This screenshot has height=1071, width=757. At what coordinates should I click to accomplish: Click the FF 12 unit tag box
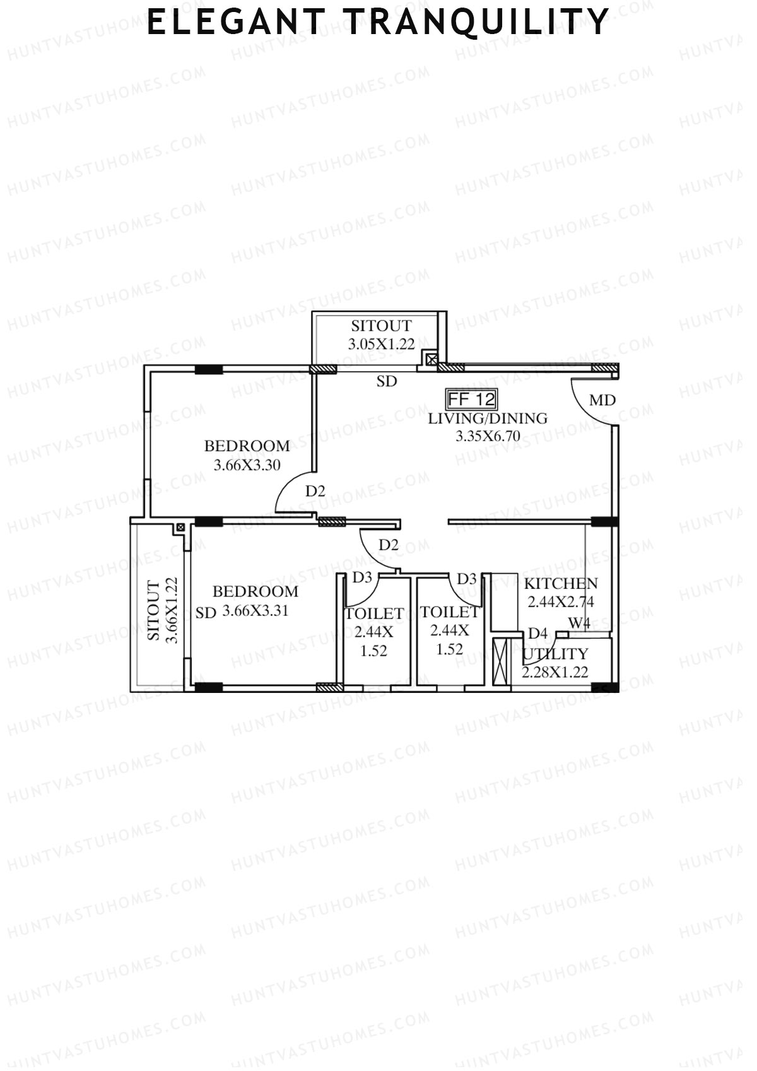pos(471,399)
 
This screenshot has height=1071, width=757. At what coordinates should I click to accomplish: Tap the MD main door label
pos(602,400)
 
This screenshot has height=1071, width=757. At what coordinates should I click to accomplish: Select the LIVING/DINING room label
pos(488,418)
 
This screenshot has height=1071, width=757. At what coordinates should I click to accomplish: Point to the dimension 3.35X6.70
pos(488,435)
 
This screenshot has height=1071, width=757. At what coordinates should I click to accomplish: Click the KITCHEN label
pos(561,584)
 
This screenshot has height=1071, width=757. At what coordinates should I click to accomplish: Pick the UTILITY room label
pos(555,654)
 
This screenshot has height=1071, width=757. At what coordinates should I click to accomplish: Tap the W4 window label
pos(579,624)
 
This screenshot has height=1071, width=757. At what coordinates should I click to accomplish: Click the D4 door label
pos(537,633)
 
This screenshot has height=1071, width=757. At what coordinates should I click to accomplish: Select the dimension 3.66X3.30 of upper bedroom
pos(247,466)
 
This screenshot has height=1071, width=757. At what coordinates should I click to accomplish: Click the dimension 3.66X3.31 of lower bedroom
pos(255,611)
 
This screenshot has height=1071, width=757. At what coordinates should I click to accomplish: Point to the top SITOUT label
pos(381,326)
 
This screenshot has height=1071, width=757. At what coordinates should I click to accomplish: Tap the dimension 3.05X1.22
pos(381,344)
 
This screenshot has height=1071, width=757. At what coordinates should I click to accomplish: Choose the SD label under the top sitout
pos(387,381)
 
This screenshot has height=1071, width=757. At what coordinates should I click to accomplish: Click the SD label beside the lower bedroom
pos(206,613)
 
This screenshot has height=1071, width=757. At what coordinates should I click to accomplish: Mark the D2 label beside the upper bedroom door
pos(315,490)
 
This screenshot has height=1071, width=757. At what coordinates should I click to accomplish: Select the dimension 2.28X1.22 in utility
pos(555,672)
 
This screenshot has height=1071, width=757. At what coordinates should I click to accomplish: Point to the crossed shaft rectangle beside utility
pos(500,662)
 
